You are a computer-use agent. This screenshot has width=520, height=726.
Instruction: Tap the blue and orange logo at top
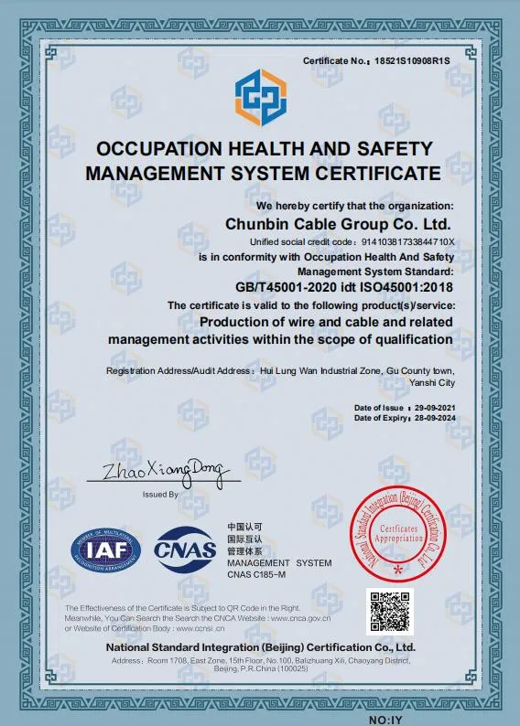[260, 99]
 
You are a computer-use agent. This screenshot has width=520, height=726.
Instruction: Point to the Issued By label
[160, 494]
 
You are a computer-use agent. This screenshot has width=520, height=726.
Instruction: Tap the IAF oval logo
[106, 550]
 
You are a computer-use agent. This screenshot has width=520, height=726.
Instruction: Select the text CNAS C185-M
[256, 574]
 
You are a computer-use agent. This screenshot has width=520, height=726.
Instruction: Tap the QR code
[390, 611]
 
